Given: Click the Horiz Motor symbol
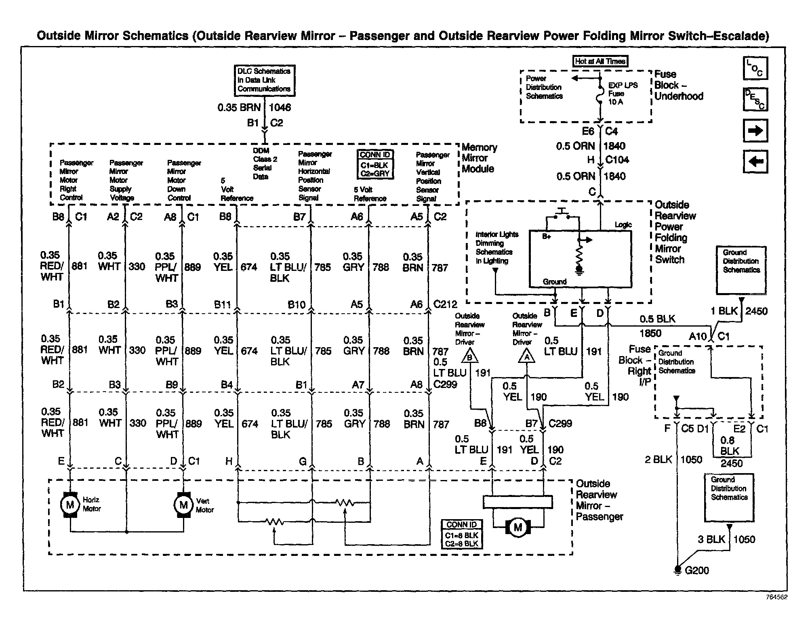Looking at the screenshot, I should pos(70,505).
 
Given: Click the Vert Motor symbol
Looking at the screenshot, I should pos(183,505).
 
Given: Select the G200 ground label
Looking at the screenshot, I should pos(697,570).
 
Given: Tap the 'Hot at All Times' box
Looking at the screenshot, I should pos(600,61).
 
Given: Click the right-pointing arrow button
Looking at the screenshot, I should pos(755,131).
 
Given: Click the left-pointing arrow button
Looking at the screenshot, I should pos(755,161).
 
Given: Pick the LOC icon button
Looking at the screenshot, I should pos(755,68).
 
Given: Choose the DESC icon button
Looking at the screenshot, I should pos(755,99).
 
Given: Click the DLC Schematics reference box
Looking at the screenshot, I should pos(264,80).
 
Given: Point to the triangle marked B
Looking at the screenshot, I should pos(469,357).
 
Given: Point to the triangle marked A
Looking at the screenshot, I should pos(526,357).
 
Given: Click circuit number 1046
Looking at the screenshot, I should pos(280,107).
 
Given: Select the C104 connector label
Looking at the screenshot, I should pos(617,160).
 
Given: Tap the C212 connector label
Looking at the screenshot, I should pos(445,304).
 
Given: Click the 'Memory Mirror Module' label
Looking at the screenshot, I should pos(479,158).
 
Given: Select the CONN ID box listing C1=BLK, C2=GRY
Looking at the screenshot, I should pos(375,165).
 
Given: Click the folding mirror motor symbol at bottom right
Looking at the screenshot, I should pos(518,527).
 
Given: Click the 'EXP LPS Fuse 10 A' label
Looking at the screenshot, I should pos(623,94).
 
